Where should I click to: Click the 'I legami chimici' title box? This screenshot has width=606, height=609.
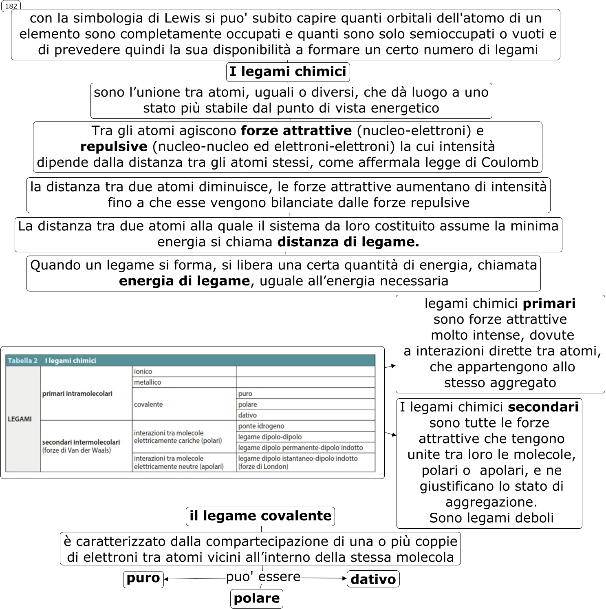pyautogui.click(x=288, y=72)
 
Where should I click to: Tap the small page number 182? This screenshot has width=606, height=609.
pyautogui.click(x=11, y=6)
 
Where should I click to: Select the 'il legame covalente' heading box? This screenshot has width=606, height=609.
pyautogui.click(x=260, y=516)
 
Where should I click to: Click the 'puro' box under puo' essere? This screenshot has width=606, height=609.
pyautogui.click(x=143, y=578)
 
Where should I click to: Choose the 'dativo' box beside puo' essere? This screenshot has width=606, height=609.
pyautogui.click(x=373, y=579)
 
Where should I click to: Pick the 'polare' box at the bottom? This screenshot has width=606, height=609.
pyautogui.click(x=257, y=598)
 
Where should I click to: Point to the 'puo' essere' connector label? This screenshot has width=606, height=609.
pyautogui.click(x=263, y=577)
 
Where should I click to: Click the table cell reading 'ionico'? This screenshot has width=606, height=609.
pyautogui.click(x=143, y=371)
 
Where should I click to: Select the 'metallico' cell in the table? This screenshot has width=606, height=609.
pyautogui.click(x=148, y=382)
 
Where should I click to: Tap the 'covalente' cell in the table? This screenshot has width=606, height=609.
pyautogui.click(x=148, y=404)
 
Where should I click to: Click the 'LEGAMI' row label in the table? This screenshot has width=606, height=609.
pyautogui.click(x=20, y=419)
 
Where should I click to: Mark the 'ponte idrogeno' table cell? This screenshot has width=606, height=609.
pyautogui.click(x=261, y=426)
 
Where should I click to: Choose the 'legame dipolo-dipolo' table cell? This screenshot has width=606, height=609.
pyautogui.click(x=270, y=437)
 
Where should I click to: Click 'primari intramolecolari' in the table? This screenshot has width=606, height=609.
pyautogui.click(x=77, y=394)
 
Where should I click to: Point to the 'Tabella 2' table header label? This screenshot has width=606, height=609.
pyautogui.click(x=23, y=361)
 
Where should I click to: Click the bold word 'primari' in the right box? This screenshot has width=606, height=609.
pyautogui.click(x=549, y=304)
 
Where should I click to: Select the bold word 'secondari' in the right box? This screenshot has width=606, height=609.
pyautogui.click(x=543, y=407)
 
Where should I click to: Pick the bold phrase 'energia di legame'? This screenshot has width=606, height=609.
pyautogui.click(x=184, y=281)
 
